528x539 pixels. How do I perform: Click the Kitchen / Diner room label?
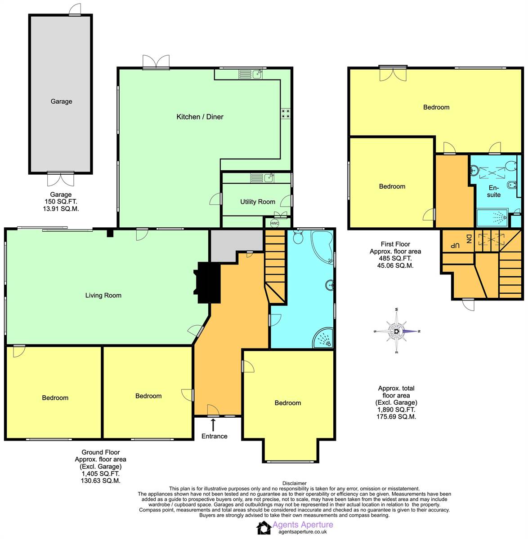point(200,117)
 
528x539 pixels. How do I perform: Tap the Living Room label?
point(103,296)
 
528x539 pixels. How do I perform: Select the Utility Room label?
point(257,202)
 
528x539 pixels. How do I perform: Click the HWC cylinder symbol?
point(274,223)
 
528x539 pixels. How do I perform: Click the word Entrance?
point(214,436)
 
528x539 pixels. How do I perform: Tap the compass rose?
point(397,331)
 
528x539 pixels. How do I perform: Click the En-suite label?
point(493,191)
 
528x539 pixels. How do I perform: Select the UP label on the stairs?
point(455,246)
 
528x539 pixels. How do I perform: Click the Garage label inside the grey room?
point(61,102)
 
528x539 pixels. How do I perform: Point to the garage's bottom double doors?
point(61,179)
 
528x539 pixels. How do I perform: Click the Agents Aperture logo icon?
point(264,528)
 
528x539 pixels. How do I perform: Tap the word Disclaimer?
point(294,483)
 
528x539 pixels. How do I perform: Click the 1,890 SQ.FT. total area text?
point(396,410)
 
